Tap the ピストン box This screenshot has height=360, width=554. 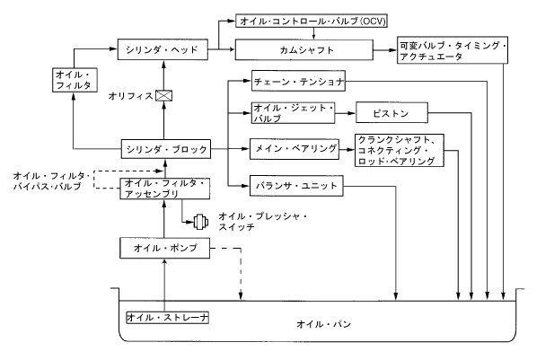(x=391, y=113)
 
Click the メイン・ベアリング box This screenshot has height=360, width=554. (x=295, y=146)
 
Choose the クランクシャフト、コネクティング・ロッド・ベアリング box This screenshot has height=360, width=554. (x=398, y=150)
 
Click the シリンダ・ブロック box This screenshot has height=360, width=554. (x=164, y=146)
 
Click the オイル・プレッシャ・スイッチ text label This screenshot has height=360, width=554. (x=261, y=222)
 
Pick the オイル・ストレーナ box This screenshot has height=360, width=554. (x=168, y=317)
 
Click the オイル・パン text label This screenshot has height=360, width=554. (x=319, y=321)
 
